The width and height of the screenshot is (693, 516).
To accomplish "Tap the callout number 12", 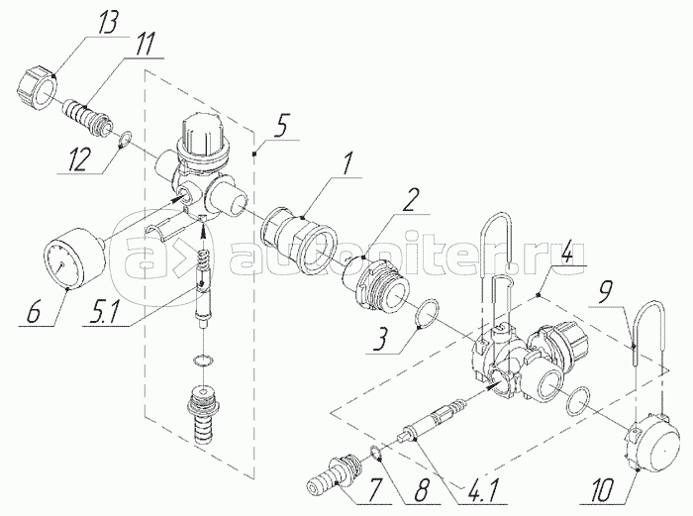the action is point(79,160).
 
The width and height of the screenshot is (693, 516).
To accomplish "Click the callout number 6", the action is point(33,311).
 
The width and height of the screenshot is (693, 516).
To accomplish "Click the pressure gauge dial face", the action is point(62,265).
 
